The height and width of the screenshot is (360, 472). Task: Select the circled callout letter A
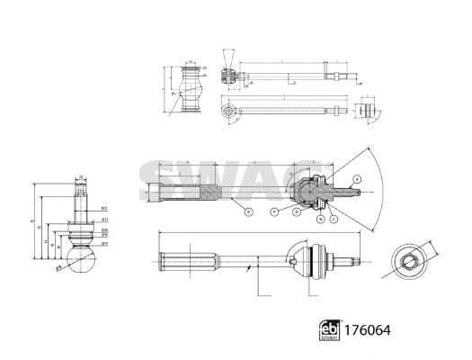(x=356, y=180)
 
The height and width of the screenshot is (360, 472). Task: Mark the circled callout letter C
(x=334, y=219)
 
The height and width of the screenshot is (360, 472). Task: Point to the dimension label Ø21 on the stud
(x=105, y=219)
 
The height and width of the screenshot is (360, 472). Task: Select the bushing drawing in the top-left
(x=190, y=88)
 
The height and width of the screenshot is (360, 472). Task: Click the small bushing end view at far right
(x=367, y=111)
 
